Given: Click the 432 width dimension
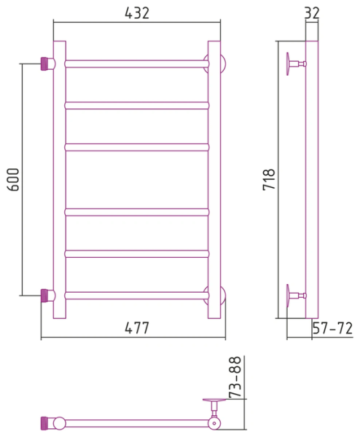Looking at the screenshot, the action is click(x=137, y=13).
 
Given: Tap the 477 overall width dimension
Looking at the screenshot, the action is click(x=137, y=328).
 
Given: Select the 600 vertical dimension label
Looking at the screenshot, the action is click(x=13, y=179).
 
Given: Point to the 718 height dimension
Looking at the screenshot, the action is click(x=269, y=179).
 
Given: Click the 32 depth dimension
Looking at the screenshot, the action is click(x=312, y=13).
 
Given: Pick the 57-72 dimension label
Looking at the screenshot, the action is click(x=332, y=328).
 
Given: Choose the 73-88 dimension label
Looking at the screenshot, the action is click(x=235, y=377).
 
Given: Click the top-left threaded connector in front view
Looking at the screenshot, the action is click(x=44, y=64).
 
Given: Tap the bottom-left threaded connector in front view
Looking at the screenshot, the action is click(x=44, y=296).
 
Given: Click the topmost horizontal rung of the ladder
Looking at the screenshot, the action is click(x=136, y=64).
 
